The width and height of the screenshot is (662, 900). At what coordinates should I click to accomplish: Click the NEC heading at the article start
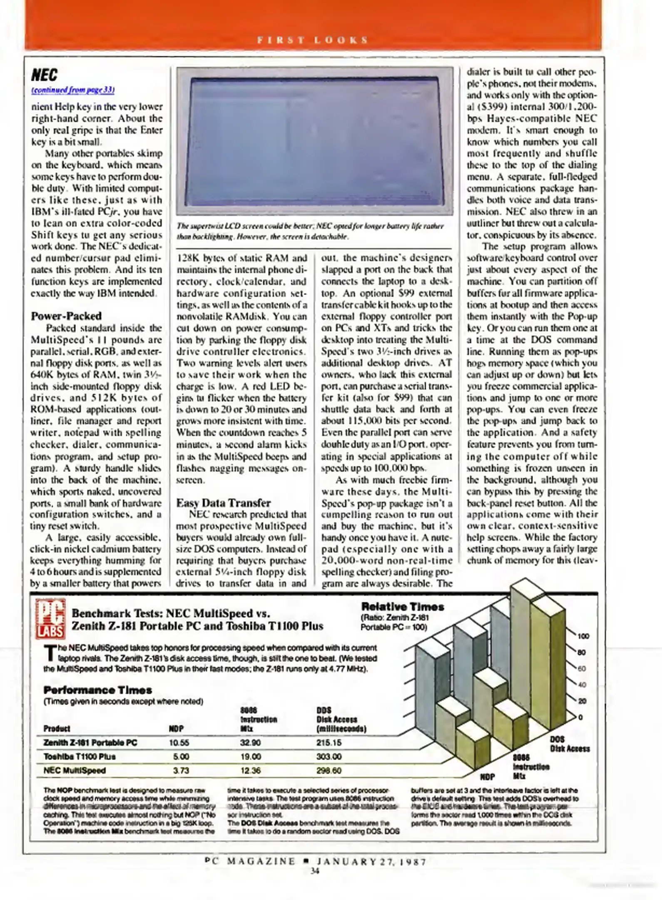44,75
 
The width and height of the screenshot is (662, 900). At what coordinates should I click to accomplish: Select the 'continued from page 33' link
73,90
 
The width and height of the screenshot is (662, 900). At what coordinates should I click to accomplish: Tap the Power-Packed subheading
66,316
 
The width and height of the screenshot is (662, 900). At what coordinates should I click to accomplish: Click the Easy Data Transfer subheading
223,503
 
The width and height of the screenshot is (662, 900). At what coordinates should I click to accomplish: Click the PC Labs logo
50,619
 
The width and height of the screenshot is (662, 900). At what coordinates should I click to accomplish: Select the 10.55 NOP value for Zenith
179,742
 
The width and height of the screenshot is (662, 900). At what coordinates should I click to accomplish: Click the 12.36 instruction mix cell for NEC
250,770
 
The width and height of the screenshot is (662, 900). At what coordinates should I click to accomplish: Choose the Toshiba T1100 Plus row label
80,756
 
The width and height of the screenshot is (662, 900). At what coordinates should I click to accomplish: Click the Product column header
57,728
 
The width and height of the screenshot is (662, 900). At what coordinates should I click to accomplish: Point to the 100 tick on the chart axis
583,636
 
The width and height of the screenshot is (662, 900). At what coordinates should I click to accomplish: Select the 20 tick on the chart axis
582,701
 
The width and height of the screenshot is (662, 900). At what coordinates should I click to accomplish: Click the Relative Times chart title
402,607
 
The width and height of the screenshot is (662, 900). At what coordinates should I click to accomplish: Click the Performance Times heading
97,690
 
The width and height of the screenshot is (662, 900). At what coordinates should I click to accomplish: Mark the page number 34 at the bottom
315,871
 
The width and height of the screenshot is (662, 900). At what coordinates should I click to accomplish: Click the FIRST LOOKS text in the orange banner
312,40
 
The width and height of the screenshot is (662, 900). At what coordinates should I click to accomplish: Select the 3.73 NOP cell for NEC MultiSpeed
181,770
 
